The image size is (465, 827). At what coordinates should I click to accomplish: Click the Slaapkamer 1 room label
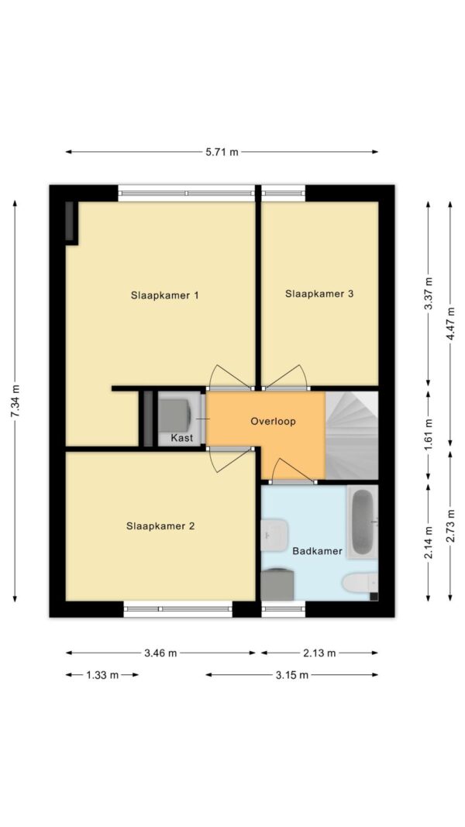pos(164,295)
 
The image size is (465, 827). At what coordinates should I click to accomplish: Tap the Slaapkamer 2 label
pos(160,525)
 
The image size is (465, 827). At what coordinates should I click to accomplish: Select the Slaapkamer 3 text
pos(319,294)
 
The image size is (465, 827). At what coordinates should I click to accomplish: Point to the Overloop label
pos(273,422)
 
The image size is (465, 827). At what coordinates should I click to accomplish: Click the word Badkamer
pos(318,552)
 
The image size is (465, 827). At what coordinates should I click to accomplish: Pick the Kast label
pos(182,438)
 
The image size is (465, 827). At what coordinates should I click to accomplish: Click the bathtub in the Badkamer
pos(363,522)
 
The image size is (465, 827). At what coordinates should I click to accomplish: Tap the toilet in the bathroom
pos(360,584)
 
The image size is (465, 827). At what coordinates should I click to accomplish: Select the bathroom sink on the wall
pos(274,534)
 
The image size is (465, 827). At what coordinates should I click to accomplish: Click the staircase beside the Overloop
pos(352,435)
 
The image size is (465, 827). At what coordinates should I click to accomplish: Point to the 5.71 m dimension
pos(222,153)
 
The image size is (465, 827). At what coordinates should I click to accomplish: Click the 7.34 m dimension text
pos(16,401)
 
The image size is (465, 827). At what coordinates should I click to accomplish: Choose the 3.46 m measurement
pos(160,653)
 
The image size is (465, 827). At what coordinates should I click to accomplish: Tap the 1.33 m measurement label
pos(102,674)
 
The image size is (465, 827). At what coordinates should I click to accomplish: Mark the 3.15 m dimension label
pos(291,674)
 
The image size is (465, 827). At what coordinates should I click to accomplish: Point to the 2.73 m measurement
pos(450,525)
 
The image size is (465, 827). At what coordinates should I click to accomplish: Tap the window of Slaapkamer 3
pos(284,193)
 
